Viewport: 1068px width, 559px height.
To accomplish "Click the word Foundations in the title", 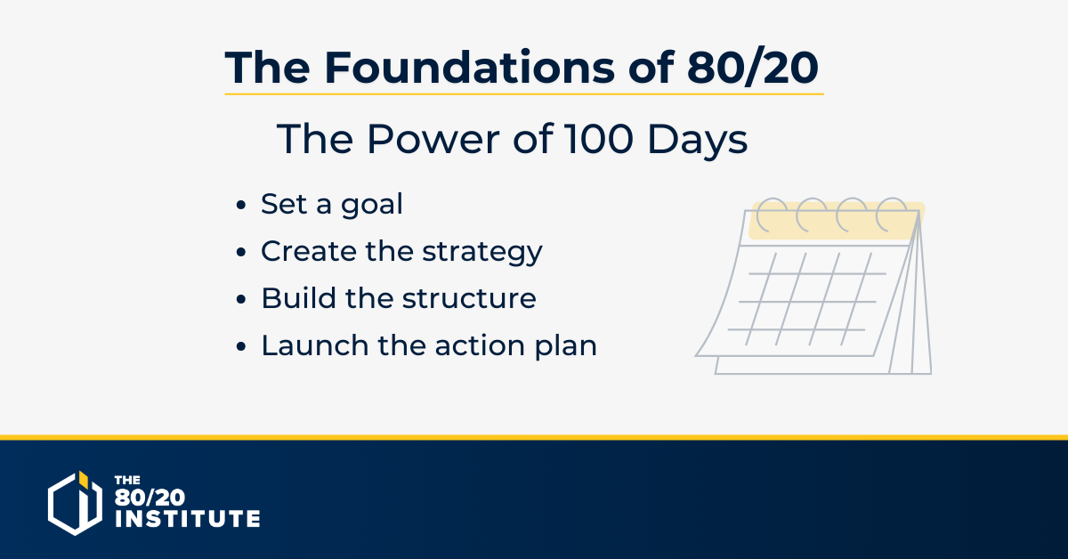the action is click(469, 68).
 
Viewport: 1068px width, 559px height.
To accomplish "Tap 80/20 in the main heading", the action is click(753, 68).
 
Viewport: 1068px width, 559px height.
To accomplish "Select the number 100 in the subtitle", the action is click(599, 139).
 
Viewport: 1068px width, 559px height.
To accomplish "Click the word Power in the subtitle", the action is click(433, 139).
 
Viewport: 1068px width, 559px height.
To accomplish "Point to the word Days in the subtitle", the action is click(698, 141).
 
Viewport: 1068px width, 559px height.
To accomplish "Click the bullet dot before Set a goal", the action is click(241, 205).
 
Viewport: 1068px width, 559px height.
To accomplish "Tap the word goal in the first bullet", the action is click(372, 205).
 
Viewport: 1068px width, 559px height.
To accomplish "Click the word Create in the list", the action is click(309, 250).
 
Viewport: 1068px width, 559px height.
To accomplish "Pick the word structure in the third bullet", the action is click(469, 298).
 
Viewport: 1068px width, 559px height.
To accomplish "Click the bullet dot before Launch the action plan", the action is click(241, 346).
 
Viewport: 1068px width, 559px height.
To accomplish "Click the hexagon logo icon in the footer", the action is click(76, 503).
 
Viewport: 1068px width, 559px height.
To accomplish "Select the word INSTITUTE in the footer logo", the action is click(188, 518).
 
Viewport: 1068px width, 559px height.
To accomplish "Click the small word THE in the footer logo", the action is click(127, 480).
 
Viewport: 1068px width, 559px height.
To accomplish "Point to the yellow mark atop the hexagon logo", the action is click(84, 480).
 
